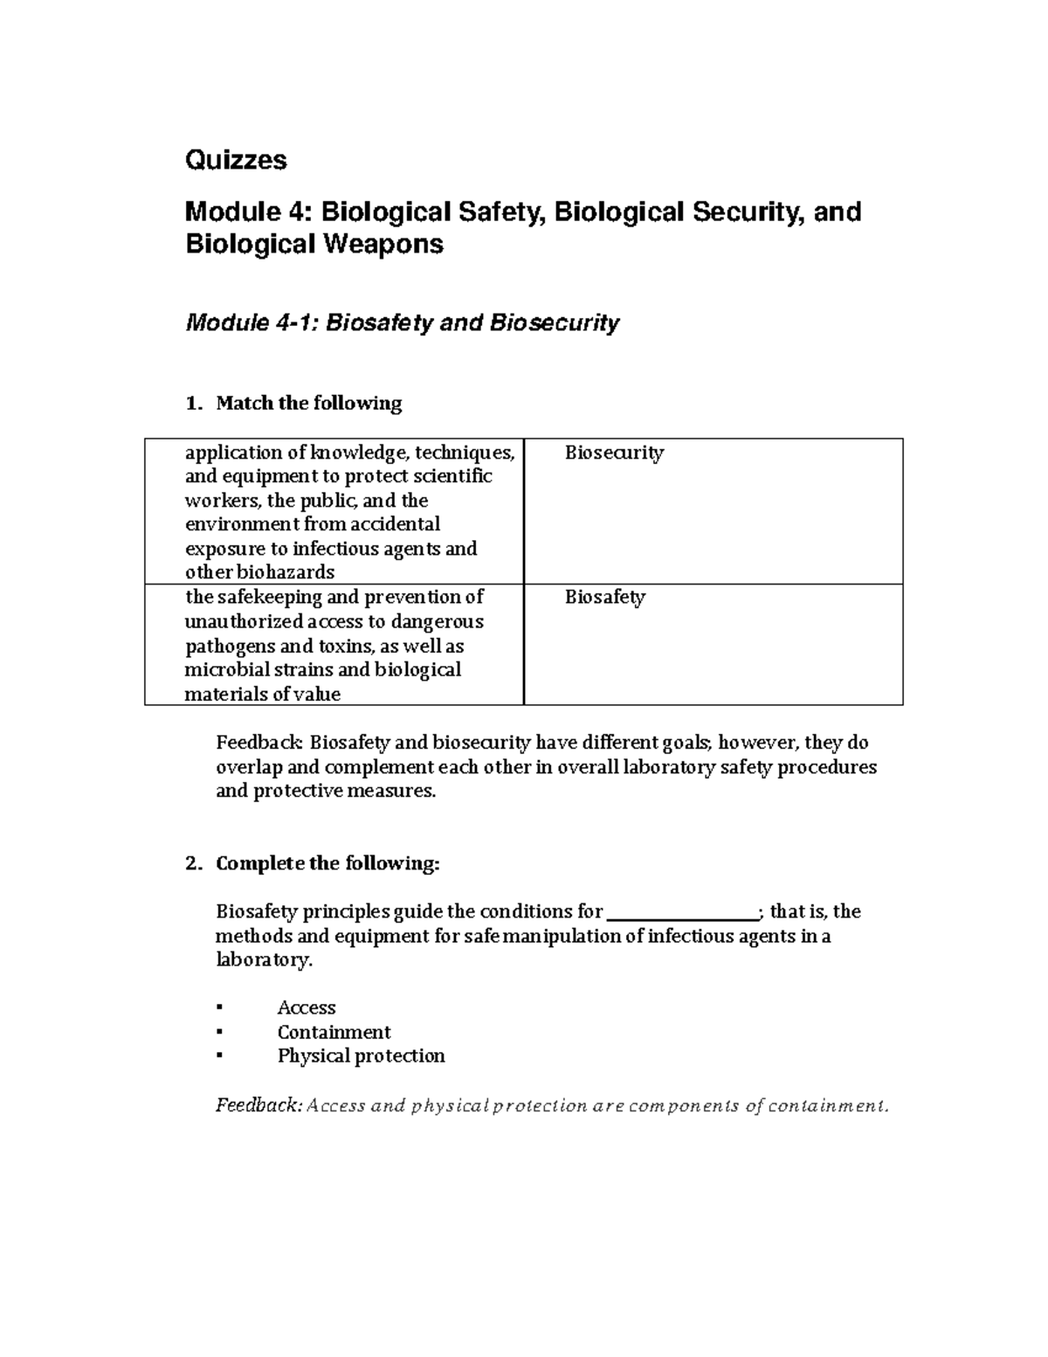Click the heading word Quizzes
[236, 161]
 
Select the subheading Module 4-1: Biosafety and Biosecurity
[403, 323]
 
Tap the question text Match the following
[308, 403]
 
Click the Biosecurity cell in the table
[614, 453]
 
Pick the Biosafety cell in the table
[604, 598]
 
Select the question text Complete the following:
[327, 863]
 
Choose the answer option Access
[307, 1007]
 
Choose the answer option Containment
[334, 1032]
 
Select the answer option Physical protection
[361, 1056]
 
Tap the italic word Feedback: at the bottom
[259, 1105]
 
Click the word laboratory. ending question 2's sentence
[263, 960]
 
